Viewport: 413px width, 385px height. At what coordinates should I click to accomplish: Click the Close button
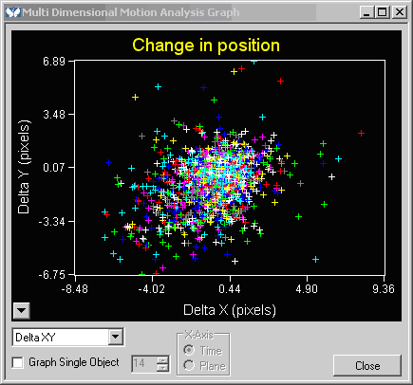click(367, 365)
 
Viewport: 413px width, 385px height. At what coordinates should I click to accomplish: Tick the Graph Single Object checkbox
click(17, 362)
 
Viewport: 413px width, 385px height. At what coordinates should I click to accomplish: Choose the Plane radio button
click(189, 367)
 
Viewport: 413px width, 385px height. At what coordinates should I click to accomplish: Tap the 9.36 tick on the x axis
click(383, 289)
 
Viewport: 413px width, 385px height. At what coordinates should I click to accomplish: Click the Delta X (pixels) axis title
click(229, 309)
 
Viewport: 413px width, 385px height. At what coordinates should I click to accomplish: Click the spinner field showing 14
click(139, 362)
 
